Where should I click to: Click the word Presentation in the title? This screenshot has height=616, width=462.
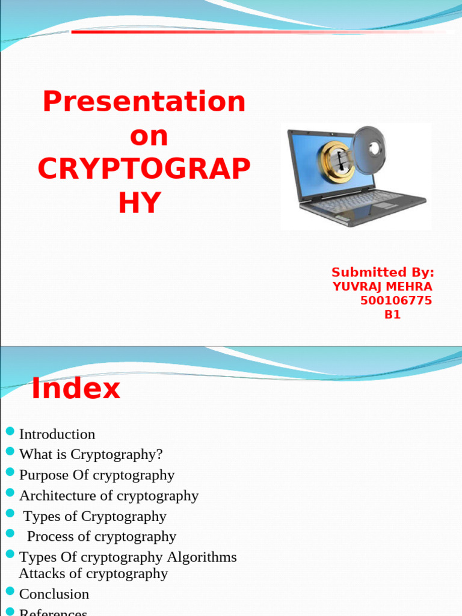pos(144,102)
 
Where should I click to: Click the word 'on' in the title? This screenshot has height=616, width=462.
pos(149,136)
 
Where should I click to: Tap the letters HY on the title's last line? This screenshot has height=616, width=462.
pos(140,204)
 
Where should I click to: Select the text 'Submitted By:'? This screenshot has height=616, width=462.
pos(383,272)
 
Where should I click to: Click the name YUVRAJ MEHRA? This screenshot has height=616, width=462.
pos(383,286)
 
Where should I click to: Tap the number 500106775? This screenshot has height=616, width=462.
pos(396,300)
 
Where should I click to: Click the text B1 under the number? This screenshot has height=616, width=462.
pos(392,314)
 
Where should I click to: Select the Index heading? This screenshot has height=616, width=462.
pos(76,389)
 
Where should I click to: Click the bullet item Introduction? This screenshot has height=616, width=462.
pos(57,434)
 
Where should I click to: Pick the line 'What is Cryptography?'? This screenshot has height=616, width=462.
pos(91,454)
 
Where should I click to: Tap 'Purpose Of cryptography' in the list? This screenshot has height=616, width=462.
pos(97,475)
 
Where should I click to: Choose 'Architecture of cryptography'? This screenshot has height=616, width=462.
pos(109,495)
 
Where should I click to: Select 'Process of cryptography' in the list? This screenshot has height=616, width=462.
pos(102,536)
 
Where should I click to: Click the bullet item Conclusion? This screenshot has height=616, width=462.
pos(54,594)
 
